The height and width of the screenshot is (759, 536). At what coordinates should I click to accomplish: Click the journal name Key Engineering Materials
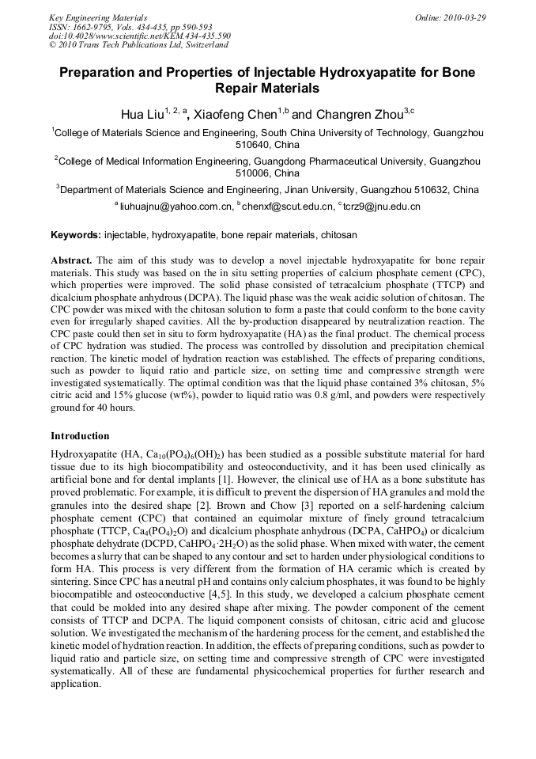click(98, 17)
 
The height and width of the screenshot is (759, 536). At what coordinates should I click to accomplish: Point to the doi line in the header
click(140, 36)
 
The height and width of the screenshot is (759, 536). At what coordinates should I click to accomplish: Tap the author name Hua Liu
click(143, 115)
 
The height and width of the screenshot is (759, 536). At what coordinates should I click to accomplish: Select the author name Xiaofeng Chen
click(241, 115)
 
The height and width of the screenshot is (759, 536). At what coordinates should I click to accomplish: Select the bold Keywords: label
click(76, 235)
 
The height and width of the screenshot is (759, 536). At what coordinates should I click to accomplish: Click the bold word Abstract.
click(72, 260)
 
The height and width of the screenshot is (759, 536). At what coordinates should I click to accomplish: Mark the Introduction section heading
click(80, 436)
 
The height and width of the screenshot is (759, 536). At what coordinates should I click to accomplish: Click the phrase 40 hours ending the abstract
click(111, 408)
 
